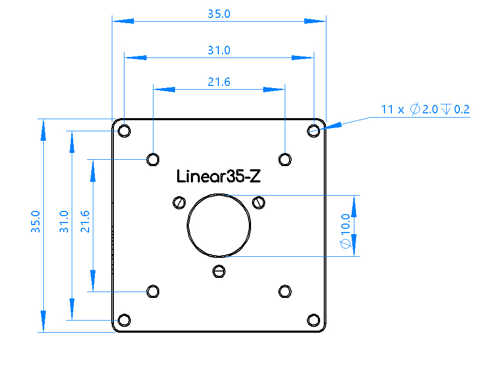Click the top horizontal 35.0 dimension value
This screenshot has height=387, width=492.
coord(219,14)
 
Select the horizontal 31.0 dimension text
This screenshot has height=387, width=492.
coord(219,50)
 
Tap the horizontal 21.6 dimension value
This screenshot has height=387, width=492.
coord(219,82)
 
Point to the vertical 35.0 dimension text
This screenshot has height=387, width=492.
coord(35,221)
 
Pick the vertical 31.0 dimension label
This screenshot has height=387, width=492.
coord(64,221)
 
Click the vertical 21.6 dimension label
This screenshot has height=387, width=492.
coord(85,221)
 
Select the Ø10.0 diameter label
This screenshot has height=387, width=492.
coord(345,231)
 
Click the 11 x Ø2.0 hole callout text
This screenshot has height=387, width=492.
coord(425,109)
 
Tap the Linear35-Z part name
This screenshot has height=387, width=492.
coord(218,176)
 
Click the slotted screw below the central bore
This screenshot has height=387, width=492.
coord(219,272)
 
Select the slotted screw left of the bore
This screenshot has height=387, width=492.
coord(179,202)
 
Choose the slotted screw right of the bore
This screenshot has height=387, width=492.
coord(258,202)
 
